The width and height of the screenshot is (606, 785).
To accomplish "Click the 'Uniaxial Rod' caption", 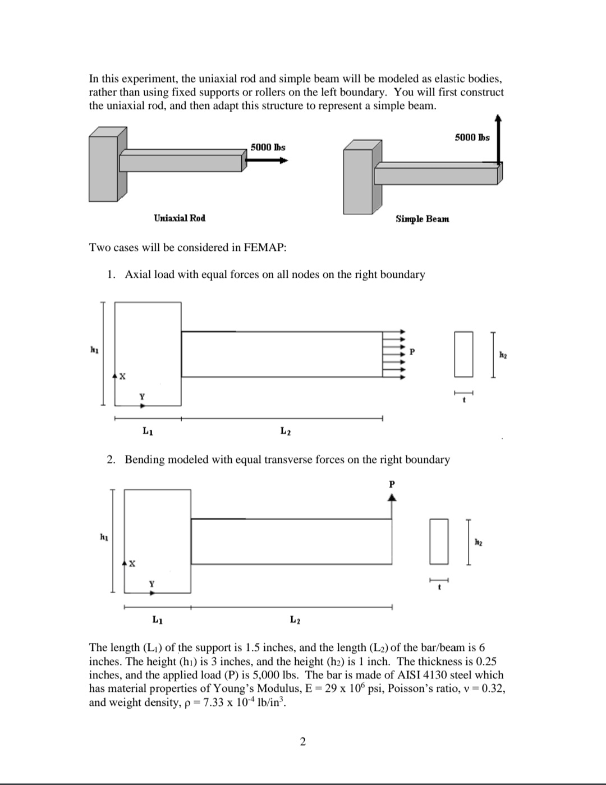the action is point(180,218).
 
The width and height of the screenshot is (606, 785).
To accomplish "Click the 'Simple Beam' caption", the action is point(422,219).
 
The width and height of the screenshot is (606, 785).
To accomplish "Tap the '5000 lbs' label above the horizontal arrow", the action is point(268,147).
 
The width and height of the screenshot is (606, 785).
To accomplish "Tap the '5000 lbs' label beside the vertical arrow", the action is point(472,137).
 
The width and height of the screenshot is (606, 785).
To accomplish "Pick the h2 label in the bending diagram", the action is point(478,542).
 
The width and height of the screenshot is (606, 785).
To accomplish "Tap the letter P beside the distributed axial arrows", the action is point(412,352).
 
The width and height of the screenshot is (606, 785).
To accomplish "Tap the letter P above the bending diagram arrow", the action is point(392,483).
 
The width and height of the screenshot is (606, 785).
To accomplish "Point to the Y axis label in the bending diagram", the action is point(150,584).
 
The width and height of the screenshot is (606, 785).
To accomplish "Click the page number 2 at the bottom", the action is point(303,742).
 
